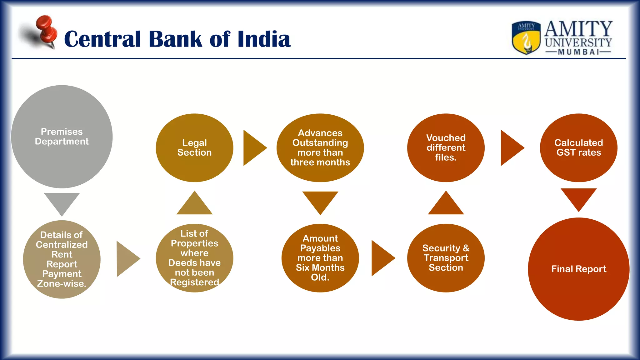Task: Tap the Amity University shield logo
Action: pos(526,37)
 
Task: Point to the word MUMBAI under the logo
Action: pos(578,52)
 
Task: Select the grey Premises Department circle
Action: pos(62,137)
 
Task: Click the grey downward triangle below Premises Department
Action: pos(62,202)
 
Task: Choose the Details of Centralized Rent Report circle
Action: pos(62,259)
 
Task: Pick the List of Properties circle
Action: pos(194,258)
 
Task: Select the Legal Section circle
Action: pos(194,147)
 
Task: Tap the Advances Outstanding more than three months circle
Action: pos(320,147)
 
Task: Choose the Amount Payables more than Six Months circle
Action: pos(320,258)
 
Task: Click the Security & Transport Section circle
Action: pos(446,258)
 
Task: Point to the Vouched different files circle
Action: pos(446,147)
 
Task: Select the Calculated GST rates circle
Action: pos(578,147)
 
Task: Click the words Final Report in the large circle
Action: pos(578,269)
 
